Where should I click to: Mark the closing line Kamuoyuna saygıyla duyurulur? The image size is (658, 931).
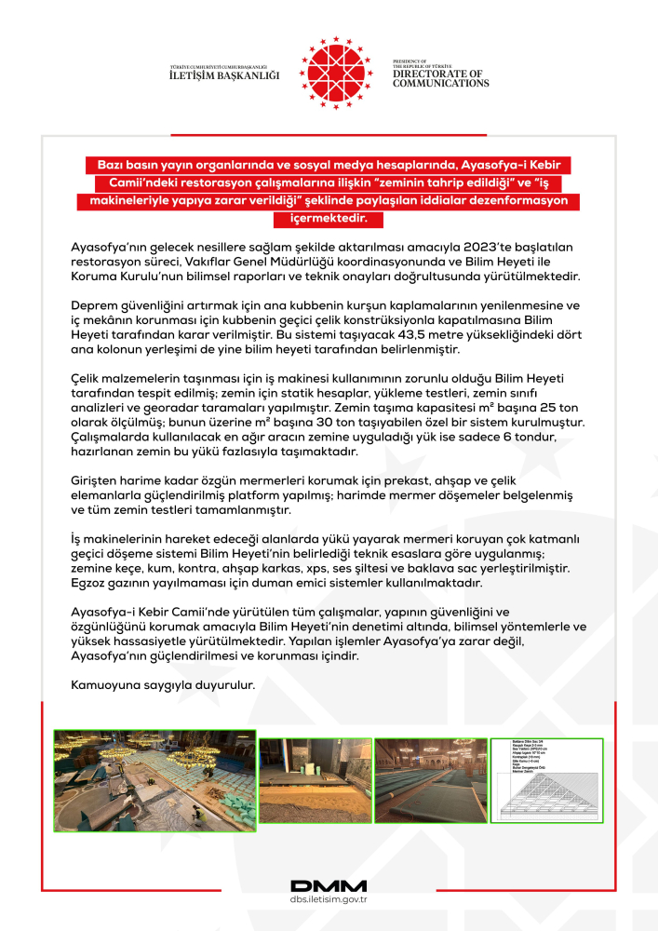(x=163, y=686)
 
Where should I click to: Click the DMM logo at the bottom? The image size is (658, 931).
(x=329, y=887)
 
